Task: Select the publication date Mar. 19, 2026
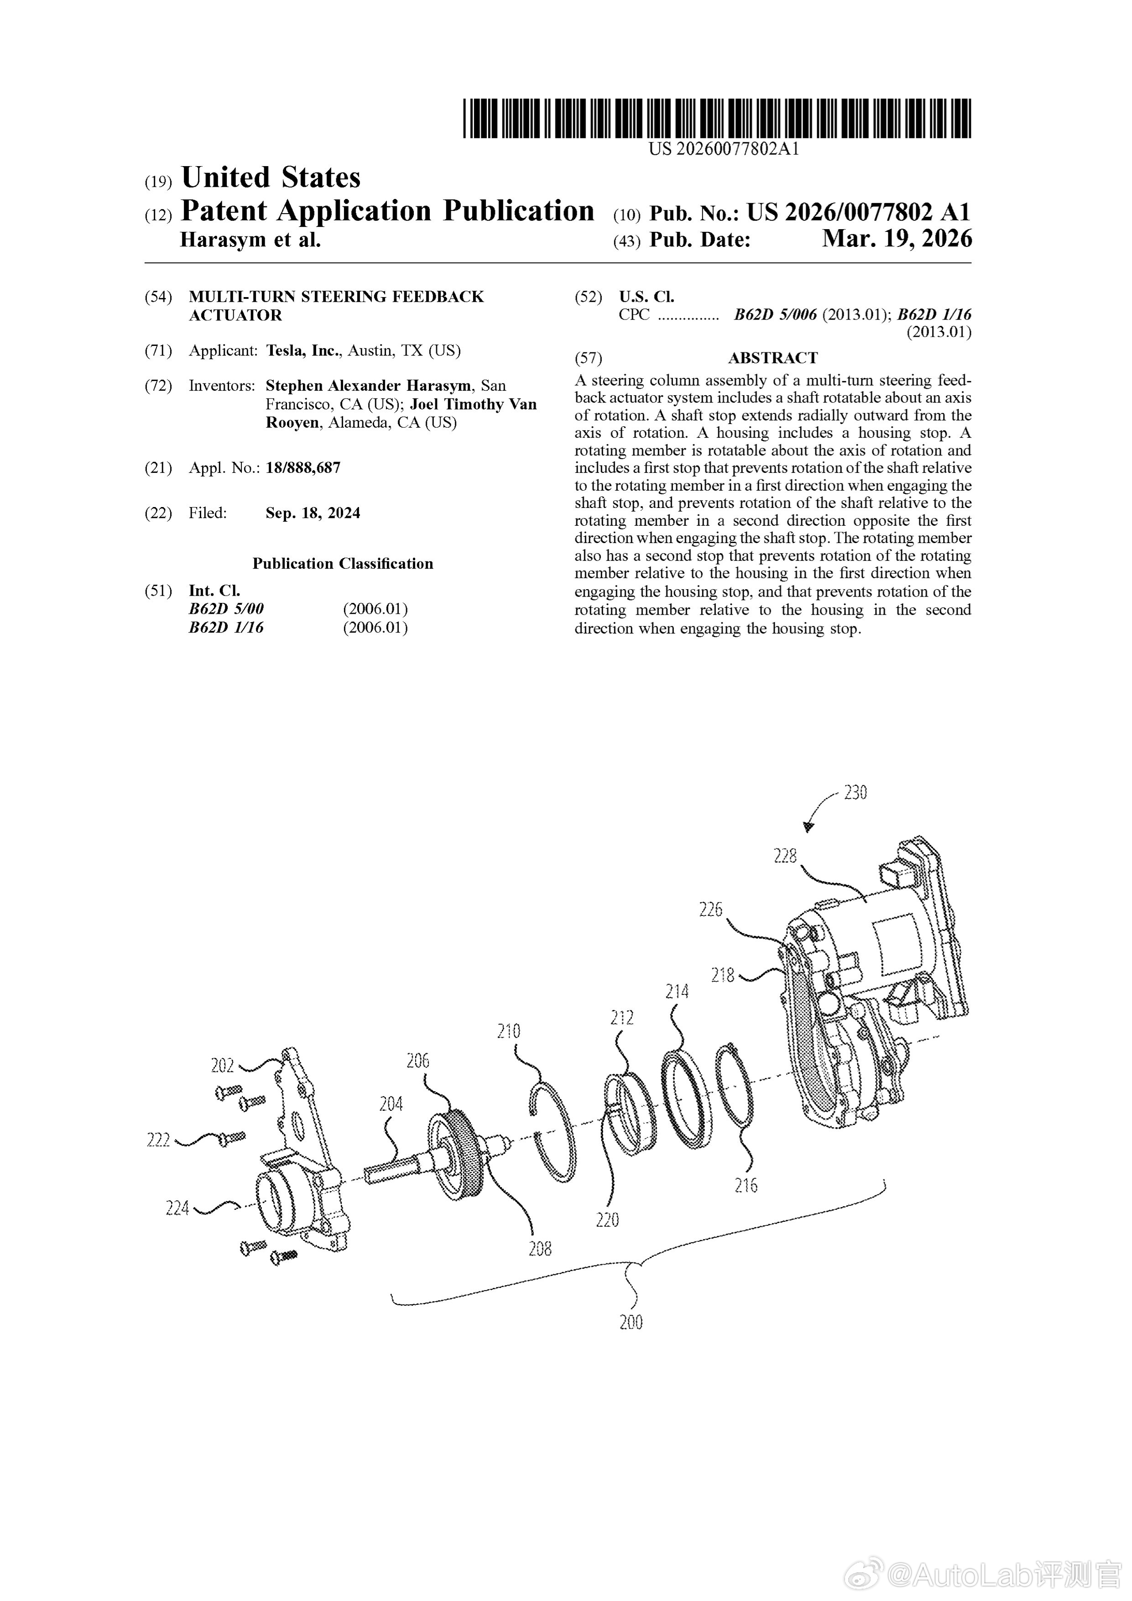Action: click(897, 239)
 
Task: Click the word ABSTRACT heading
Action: click(772, 358)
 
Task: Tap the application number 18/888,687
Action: click(303, 468)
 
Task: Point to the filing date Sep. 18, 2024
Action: click(313, 513)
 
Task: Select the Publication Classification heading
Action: click(342, 564)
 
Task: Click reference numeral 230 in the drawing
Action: click(855, 793)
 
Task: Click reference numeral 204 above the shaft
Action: click(391, 1104)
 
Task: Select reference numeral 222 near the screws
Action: click(158, 1141)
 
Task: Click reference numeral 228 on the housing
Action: click(785, 856)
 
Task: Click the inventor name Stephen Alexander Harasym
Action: click(368, 386)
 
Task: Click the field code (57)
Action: click(588, 358)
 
